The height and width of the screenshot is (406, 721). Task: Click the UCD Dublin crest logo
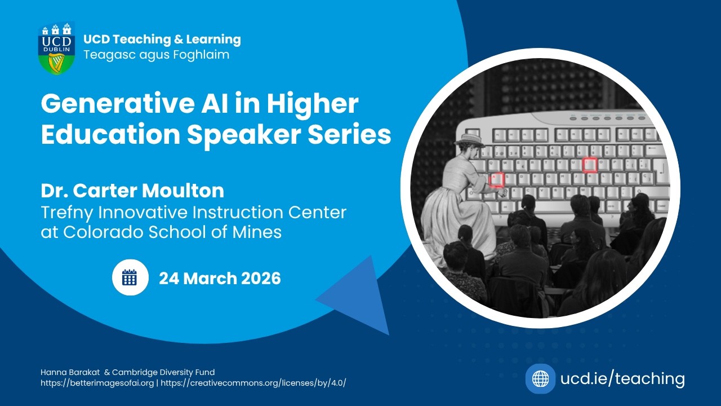tap(56, 48)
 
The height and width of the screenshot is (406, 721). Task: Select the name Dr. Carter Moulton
tap(132, 191)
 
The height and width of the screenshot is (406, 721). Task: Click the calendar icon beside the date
tap(130, 277)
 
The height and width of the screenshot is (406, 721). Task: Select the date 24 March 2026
tap(220, 278)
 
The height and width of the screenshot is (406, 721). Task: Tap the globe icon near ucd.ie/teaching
tap(540, 378)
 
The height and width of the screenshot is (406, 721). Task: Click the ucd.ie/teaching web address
tap(622, 378)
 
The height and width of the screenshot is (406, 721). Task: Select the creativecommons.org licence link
tap(253, 383)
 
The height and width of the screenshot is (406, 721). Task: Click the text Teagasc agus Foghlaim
tap(156, 55)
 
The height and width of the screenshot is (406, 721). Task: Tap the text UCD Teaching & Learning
tap(162, 39)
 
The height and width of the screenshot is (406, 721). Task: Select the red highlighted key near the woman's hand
tap(496, 180)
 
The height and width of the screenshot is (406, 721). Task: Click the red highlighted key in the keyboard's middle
tap(589, 165)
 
